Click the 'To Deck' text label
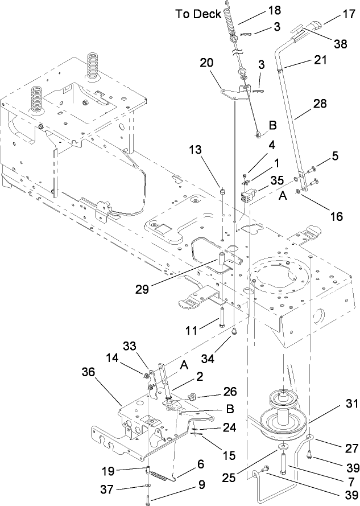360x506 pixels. coord(198,14)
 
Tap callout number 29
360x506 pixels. coord(143,288)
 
